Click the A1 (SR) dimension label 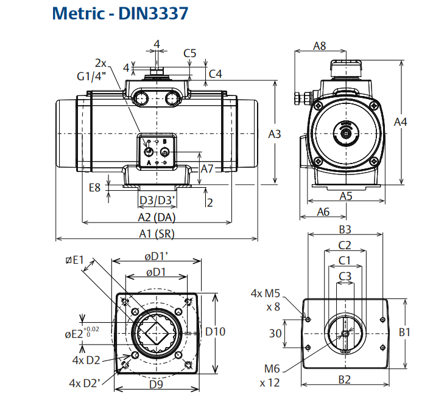click(156, 233)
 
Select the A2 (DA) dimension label click(156, 218)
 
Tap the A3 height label click(275, 134)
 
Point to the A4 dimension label click(400, 122)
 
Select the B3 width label click(345, 229)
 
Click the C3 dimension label click(345, 275)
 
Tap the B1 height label click(404, 332)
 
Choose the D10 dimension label click(215, 332)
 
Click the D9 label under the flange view click(157, 385)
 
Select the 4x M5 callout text click(265, 294)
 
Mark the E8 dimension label click(94, 187)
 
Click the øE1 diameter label click(74, 261)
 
